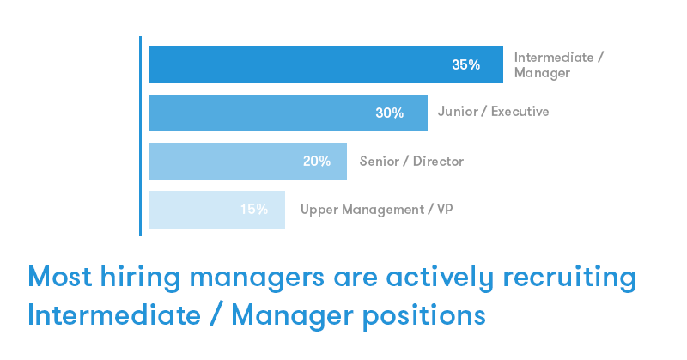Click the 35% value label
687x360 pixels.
coord(465,65)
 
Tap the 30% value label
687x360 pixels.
coord(390,113)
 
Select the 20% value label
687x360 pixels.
coord(317,161)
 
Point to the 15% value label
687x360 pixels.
coord(254,209)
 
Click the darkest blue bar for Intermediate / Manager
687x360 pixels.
coord(326,65)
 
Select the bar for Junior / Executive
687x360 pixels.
coord(289,113)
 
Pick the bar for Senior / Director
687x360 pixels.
coord(248,162)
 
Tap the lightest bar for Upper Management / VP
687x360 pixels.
coord(217,210)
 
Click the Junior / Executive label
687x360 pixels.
coord(493,112)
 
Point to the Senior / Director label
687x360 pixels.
coord(411,161)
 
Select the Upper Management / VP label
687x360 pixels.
coord(377,210)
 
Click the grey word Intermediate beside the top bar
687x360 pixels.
coord(554,58)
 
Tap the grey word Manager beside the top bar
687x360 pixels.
coord(543,73)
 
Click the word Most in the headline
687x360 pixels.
coord(60,277)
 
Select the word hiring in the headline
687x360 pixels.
coord(140,278)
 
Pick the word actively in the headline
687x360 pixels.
coord(440,278)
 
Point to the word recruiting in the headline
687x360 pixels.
coord(569,278)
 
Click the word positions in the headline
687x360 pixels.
coord(424,316)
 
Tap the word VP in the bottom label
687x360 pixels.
coord(445,209)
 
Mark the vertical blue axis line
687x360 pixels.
coord(140,136)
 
